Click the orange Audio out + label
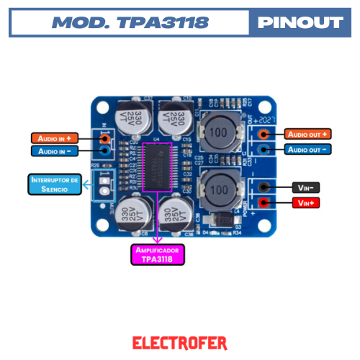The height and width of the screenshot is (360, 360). point(308,135)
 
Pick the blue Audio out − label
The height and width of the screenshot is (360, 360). point(308,149)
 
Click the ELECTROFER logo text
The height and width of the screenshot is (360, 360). point(180,343)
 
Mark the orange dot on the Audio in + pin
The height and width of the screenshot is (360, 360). point(106,138)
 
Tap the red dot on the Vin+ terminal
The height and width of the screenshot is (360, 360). point(264,203)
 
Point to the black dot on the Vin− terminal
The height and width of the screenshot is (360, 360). point(264,187)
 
